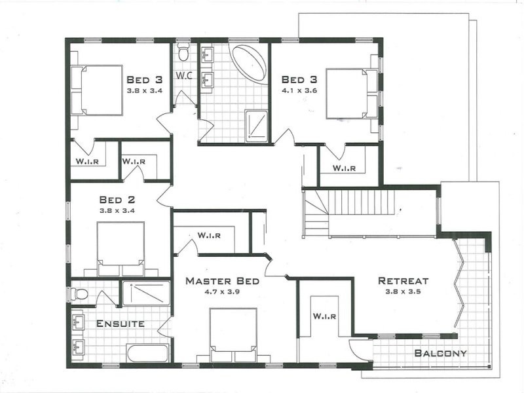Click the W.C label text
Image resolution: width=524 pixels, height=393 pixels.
pyautogui.click(x=184, y=75)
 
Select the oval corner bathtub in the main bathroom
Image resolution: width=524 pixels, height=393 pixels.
pyautogui.click(x=250, y=63)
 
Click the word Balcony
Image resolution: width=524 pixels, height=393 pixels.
pyautogui.click(x=441, y=354)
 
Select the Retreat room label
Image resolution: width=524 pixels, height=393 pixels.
pyautogui.click(x=403, y=280)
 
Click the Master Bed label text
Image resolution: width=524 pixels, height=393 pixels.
pyautogui.click(x=222, y=281)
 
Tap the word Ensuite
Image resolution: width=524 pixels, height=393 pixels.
pyautogui.click(x=121, y=324)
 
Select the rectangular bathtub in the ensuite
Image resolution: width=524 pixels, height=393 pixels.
pyautogui.click(x=148, y=354)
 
